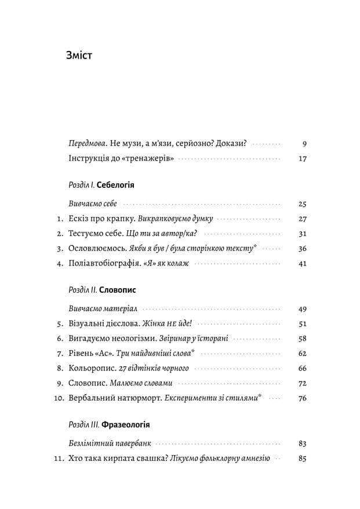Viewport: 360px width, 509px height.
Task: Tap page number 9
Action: pyautogui.click(x=304, y=143)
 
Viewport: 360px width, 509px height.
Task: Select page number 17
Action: pyautogui.click(x=302, y=158)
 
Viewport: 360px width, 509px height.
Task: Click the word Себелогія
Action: pyautogui.click(x=115, y=186)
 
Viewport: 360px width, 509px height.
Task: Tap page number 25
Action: pyautogui.click(x=301, y=204)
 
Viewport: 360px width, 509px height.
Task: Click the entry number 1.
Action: pyautogui.click(x=60, y=219)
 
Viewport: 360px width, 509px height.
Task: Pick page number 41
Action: pyautogui.click(x=301, y=264)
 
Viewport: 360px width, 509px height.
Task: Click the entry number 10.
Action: pyautogui.click(x=58, y=398)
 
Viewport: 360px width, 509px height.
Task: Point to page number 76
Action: pyautogui.click(x=301, y=398)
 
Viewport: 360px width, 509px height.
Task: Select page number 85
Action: pyautogui.click(x=301, y=459)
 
